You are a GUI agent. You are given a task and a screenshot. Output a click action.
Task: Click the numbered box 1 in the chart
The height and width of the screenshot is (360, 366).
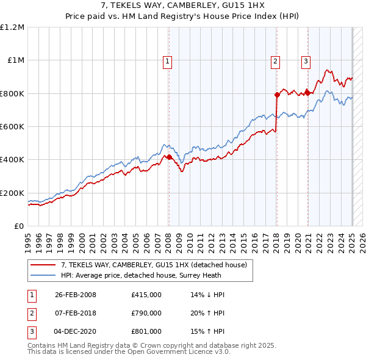click(x=167, y=60)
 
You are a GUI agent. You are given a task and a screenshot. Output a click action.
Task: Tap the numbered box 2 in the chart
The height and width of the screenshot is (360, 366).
click(x=276, y=60)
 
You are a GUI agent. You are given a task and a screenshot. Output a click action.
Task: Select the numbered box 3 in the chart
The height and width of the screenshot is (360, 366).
click(x=305, y=60)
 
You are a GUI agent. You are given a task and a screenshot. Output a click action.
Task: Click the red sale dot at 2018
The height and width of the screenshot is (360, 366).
click(x=277, y=95)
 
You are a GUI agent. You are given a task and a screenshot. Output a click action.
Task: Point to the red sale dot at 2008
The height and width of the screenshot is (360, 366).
click(x=169, y=157)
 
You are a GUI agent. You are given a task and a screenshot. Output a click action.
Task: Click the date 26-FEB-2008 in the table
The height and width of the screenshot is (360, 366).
click(x=76, y=295)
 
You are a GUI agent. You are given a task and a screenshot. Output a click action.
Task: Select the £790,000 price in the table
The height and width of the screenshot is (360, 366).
click(x=146, y=313)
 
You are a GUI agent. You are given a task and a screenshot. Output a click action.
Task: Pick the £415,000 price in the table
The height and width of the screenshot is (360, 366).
click(x=146, y=295)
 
